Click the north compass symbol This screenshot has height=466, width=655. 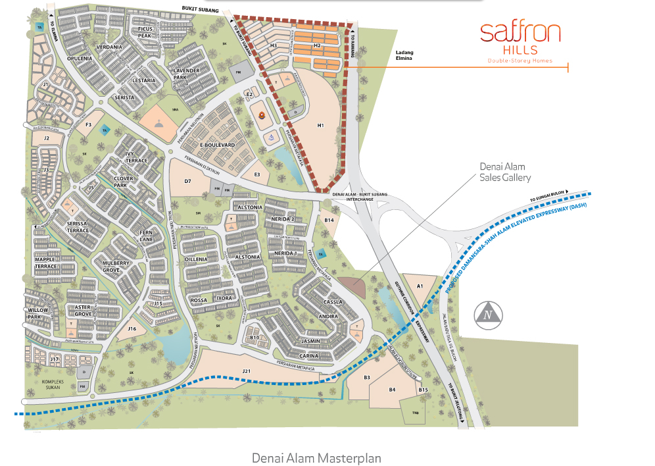(x=488, y=315)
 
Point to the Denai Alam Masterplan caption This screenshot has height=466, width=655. (x=316, y=457)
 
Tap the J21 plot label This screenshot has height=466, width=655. (x=247, y=371)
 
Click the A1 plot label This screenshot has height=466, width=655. (x=420, y=286)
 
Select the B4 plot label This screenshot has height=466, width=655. (x=393, y=390)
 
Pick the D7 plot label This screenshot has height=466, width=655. (x=187, y=181)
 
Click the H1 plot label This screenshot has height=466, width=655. (x=321, y=124)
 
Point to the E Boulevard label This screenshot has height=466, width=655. (x=218, y=144)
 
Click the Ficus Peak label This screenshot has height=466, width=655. (x=145, y=32)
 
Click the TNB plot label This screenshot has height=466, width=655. (x=416, y=413)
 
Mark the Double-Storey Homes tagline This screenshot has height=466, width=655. (x=520, y=61)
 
